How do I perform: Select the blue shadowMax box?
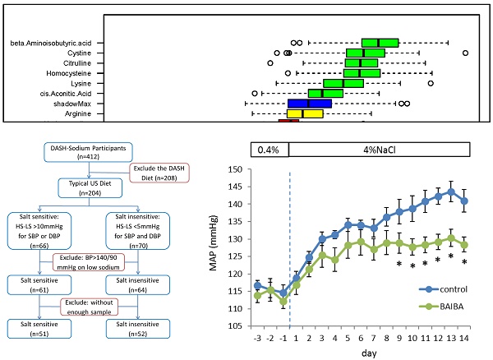pyautogui.click(x=309, y=104)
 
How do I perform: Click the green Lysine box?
pyautogui.click(x=343, y=84)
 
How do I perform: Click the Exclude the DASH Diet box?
pyautogui.click(x=162, y=174)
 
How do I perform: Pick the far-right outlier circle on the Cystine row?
pyautogui.click(x=465, y=53)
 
